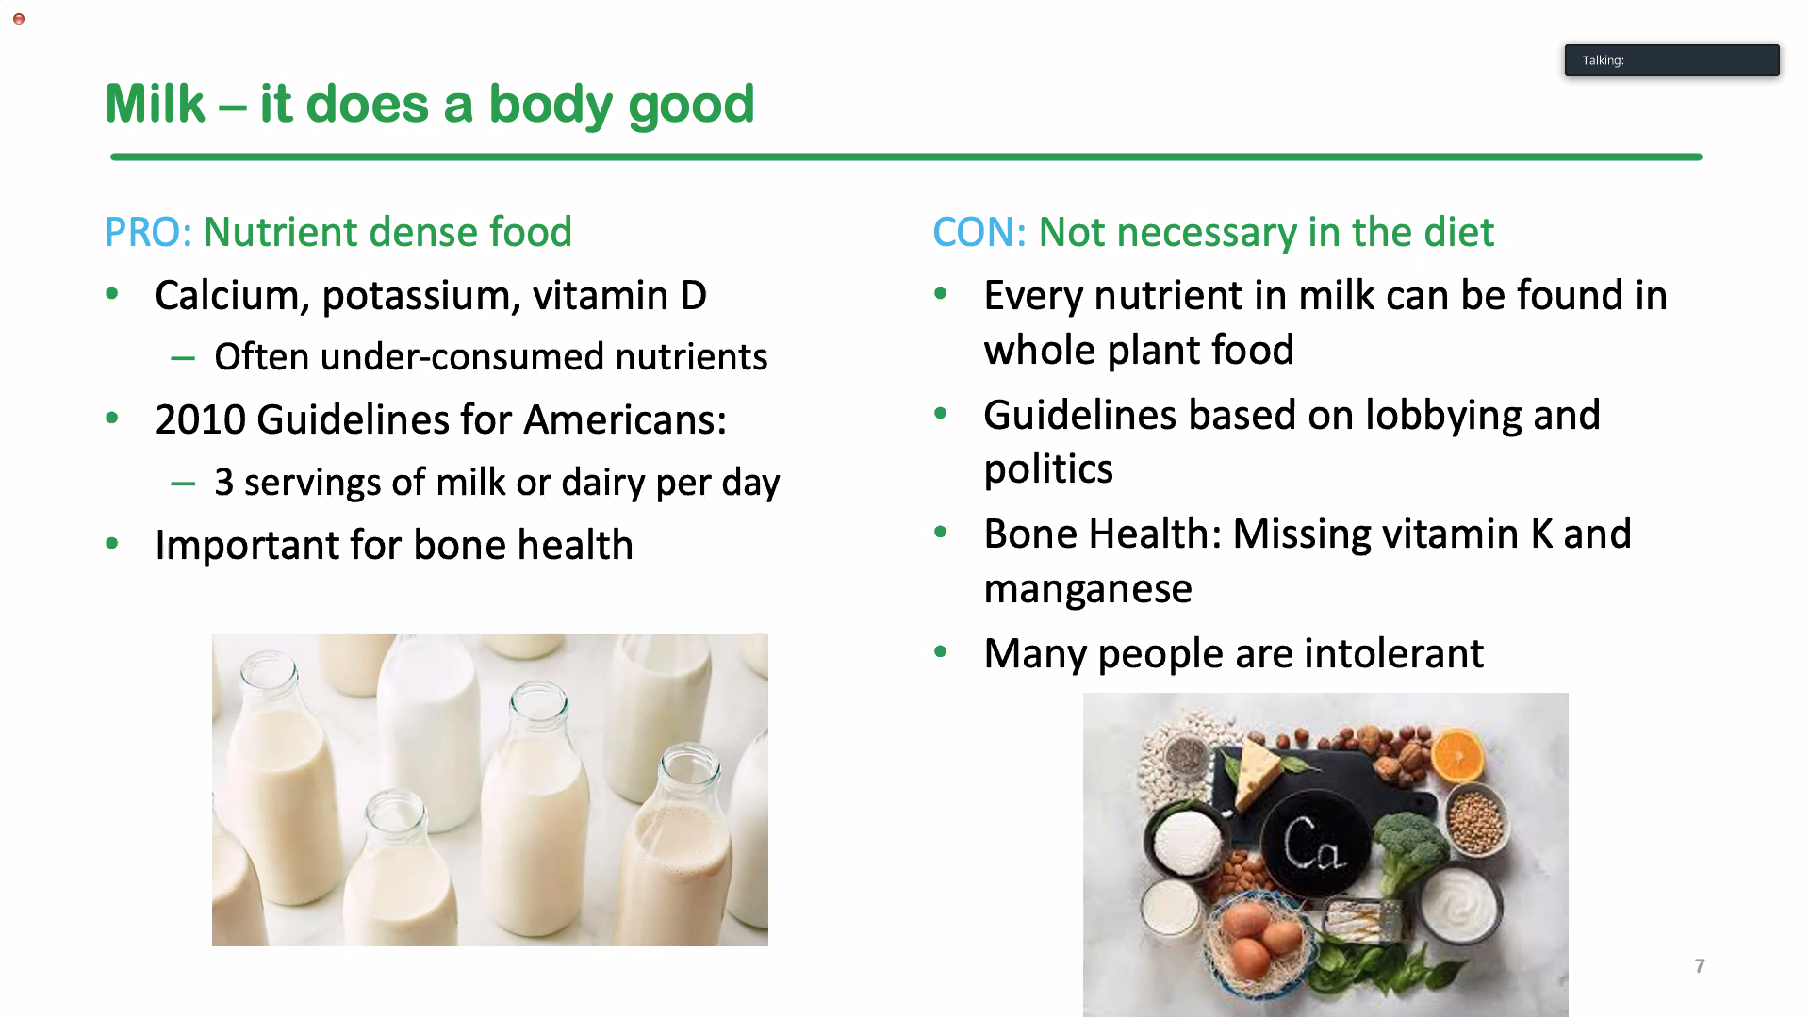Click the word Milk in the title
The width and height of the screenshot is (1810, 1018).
click(155, 103)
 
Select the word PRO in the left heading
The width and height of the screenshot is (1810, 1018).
click(142, 232)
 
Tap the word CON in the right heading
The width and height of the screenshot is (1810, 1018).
click(973, 232)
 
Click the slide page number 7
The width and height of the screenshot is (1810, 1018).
click(1700, 966)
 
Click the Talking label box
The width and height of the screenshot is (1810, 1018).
click(1672, 60)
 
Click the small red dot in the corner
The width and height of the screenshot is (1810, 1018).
click(19, 19)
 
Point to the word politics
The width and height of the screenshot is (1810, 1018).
click(1048, 469)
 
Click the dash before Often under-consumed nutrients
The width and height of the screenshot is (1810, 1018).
click(183, 358)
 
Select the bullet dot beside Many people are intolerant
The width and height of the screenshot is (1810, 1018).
click(940, 651)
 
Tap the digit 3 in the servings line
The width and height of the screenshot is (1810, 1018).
click(223, 482)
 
